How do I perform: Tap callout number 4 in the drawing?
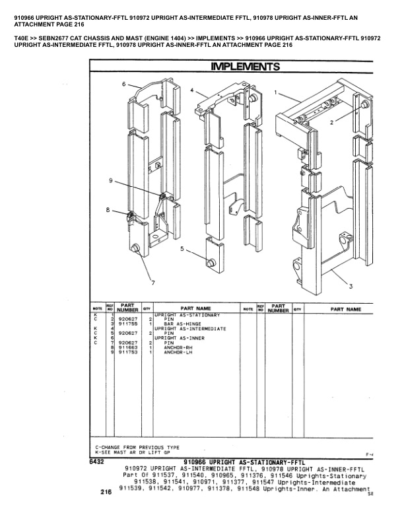[191, 89]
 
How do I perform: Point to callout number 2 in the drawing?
[332, 122]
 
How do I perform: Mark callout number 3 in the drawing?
[368, 286]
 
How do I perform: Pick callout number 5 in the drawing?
[182, 250]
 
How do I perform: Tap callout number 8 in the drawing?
[108, 210]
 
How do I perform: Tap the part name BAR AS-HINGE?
[182, 324]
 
